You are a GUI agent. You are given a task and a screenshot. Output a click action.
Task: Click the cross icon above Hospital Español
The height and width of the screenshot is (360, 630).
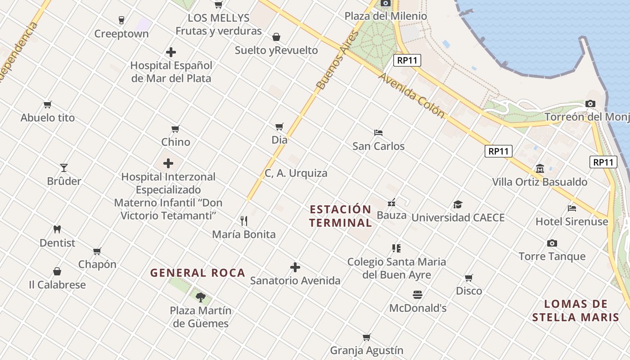click(x=171, y=52)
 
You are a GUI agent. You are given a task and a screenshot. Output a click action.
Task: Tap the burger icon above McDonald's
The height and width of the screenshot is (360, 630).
click(x=418, y=295)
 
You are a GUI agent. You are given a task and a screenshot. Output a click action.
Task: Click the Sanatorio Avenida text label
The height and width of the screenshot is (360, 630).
click(x=295, y=281)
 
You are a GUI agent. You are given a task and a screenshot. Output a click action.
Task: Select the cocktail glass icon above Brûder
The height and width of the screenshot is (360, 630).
click(x=64, y=168)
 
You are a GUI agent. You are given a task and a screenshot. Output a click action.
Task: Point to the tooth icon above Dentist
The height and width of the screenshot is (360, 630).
click(x=57, y=229)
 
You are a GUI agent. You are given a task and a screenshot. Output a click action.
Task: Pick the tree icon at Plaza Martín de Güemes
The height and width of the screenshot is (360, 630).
click(x=201, y=297)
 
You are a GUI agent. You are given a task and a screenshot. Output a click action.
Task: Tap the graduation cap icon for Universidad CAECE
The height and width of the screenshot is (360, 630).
click(x=458, y=205)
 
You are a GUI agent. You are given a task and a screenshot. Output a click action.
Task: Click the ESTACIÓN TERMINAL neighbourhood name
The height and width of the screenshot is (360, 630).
click(x=341, y=216)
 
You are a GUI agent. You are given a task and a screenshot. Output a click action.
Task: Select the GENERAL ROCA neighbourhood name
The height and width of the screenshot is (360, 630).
click(x=198, y=273)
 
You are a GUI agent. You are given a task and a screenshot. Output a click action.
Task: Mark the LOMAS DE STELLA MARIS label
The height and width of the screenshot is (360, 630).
click(x=576, y=310)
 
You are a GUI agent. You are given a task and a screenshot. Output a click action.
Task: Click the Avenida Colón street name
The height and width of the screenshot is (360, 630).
click(x=412, y=95)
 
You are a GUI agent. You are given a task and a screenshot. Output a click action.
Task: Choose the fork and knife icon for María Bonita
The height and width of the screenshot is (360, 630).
click(x=244, y=221)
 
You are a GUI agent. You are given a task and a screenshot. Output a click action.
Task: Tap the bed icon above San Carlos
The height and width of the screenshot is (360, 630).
click(x=378, y=133)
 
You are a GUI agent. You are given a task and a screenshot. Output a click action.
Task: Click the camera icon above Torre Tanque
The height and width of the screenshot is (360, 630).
click(x=552, y=243)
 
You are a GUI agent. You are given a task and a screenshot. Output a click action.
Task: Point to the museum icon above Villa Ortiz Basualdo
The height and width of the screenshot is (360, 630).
click(x=540, y=169)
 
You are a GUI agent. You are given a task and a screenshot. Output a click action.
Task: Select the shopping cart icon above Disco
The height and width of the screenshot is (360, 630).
click(x=469, y=278)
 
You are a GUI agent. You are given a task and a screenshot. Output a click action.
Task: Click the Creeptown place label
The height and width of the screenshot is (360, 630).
click(x=121, y=34)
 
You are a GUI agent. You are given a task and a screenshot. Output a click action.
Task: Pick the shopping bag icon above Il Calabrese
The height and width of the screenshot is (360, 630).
click(x=57, y=271)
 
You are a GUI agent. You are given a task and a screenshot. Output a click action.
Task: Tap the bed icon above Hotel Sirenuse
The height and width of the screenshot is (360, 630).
click(x=572, y=208)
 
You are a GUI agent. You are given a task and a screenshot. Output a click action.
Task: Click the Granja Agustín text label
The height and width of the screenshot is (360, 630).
click(x=367, y=351)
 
